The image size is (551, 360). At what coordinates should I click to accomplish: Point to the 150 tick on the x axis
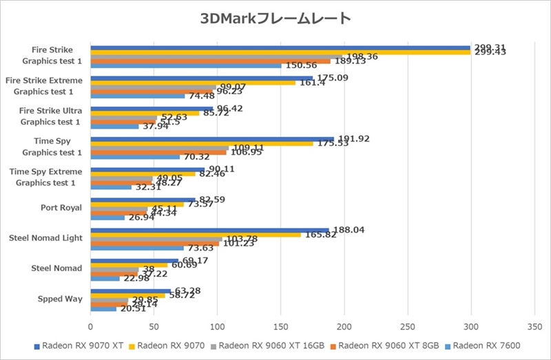(280, 328)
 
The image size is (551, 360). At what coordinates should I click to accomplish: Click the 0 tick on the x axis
(91, 328)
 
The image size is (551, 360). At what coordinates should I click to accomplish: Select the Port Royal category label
(61, 207)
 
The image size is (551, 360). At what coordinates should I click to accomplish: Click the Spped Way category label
(61, 299)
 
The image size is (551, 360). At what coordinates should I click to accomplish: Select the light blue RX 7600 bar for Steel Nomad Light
(137, 248)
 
